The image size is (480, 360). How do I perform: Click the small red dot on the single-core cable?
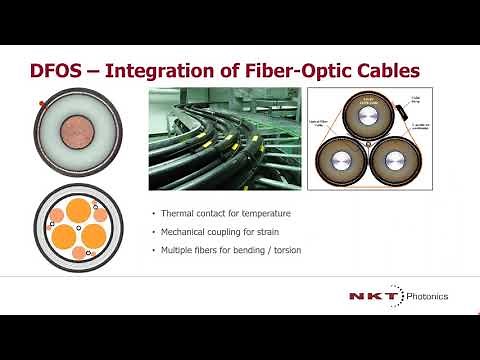pos(39,104)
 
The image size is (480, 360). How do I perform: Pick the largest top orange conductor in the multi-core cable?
pos(80,213)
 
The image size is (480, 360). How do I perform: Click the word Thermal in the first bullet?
pos(178,214)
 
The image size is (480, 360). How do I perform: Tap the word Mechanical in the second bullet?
pos(184,232)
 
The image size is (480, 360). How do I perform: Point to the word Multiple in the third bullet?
pos(178,250)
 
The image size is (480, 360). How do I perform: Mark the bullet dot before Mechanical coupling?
pos(153,232)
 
